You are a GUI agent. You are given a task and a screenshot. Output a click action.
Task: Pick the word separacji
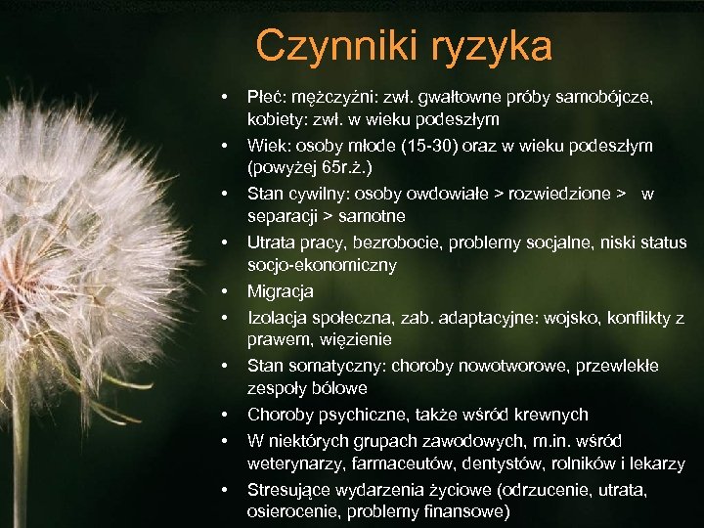(283, 215)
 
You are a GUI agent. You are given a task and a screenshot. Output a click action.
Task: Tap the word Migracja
(281, 291)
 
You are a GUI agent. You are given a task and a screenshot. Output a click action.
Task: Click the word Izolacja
(279, 318)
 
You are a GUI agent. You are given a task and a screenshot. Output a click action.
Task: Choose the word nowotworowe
(510, 366)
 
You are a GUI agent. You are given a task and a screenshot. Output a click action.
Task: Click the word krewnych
(551, 415)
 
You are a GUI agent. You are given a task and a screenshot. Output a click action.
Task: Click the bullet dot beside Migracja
(225, 291)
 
